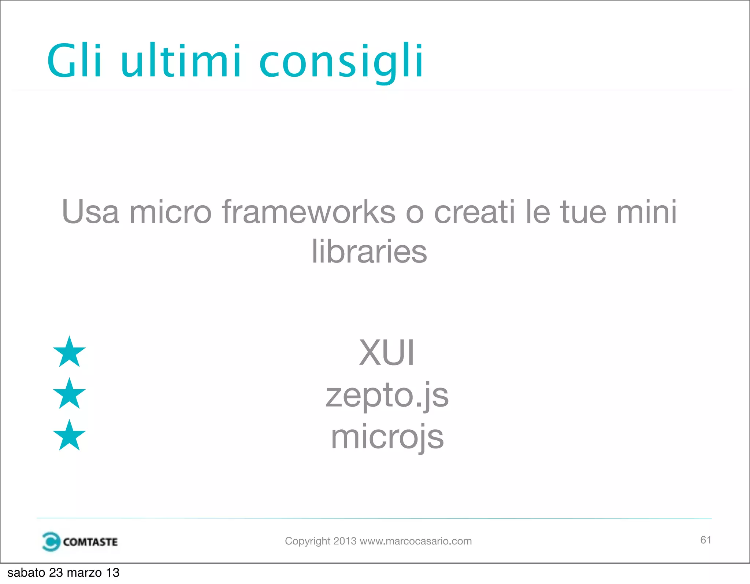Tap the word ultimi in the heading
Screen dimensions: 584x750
[181, 60]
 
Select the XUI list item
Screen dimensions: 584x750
[387, 353]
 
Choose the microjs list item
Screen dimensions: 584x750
[387, 437]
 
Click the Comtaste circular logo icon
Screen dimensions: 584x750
[51, 541]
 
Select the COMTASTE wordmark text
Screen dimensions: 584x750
[90, 542]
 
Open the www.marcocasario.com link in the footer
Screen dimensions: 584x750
[416, 541]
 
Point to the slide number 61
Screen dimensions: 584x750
[706, 540]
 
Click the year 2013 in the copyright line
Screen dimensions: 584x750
[345, 541]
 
